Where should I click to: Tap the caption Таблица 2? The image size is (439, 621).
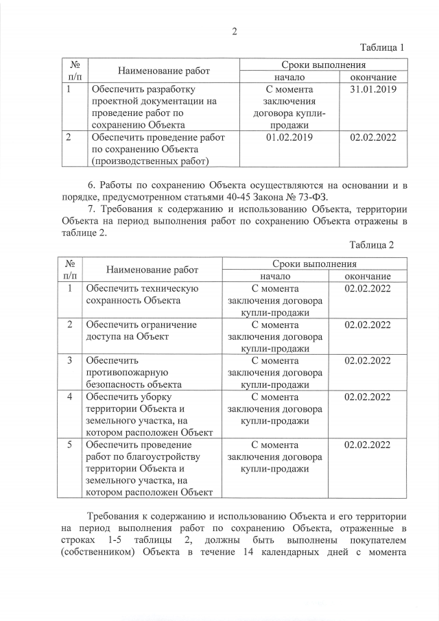(x=372, y=244)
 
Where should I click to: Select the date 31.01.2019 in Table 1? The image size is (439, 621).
(x=374, y=89)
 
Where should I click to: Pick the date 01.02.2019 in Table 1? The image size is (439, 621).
(x=289, y=137)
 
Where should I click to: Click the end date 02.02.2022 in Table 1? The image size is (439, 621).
(x=374, y=137)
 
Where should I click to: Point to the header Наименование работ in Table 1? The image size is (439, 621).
(x=163, y=71)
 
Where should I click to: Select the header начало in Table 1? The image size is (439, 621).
(x=289, y=77)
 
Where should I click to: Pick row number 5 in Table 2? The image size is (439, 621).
(x=69, y=444)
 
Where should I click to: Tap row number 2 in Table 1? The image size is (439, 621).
(x=69, y=137)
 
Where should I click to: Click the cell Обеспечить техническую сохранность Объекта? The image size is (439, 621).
(x=141, y=294)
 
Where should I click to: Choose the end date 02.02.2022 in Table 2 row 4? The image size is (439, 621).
(x=368, y=397)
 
